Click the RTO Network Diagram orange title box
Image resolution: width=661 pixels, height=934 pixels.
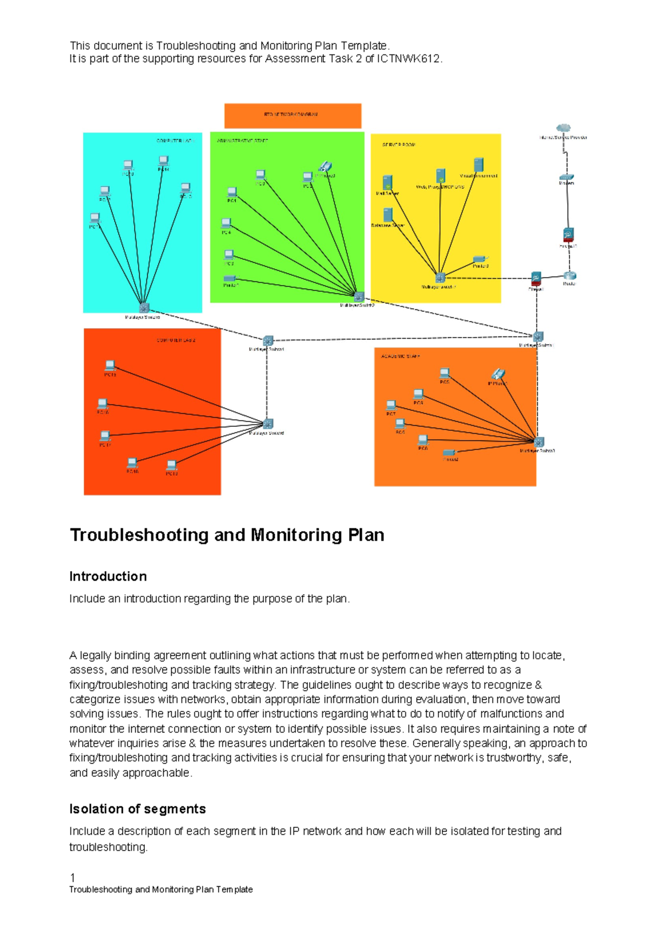click(x=292, y=116)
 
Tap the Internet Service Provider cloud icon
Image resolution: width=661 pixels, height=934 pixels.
click(x=563, y=129)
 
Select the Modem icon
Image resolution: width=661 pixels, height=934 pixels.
click(x=567, y=177)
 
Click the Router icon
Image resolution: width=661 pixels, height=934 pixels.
click(x=570, y=275)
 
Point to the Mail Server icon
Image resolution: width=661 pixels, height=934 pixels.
click(x=387, y=182)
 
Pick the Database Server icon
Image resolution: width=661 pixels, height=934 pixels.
click(x=388, y=215)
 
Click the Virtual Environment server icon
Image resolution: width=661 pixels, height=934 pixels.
click(x=478, y=165)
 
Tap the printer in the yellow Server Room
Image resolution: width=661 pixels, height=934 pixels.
click(x=480, y=258)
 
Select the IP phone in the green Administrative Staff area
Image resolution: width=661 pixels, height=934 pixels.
click(x=325, y=166)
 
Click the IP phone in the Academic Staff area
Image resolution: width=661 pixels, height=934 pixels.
click(x=498, y=374)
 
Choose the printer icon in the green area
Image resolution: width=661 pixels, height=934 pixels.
click(x=230, y=279)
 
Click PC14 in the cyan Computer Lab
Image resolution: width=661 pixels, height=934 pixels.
click(x=163, y=161)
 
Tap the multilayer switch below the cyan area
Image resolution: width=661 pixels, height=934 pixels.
click(x=144, y=308)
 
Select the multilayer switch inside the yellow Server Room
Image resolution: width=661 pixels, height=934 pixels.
click(x=440, y=278)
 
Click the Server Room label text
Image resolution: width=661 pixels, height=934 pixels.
click(x=399, y=145)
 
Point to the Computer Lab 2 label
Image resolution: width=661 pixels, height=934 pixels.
click(x=176, y=340)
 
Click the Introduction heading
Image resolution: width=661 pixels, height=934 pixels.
click(x=108, y=577)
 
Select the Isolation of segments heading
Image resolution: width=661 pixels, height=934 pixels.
click(x=138, y=809)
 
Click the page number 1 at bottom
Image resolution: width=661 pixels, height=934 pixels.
click(x=73, y=878)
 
